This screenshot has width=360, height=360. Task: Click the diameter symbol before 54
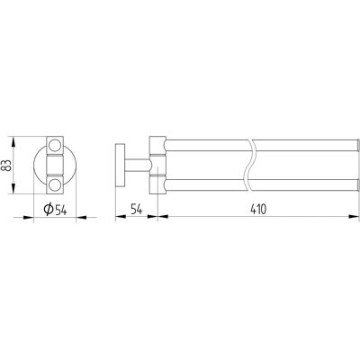[x=49, y=209]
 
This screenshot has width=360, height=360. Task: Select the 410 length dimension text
[x=258, y=209]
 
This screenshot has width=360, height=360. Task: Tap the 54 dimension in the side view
[x=137, y=209]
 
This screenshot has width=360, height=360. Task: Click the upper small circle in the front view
[x=55, y=145]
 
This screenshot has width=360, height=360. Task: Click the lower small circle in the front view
[x=55, y=184]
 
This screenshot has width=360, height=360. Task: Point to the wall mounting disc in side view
[x=120, y=165]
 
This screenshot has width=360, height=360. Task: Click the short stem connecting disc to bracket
[x=137, y=165]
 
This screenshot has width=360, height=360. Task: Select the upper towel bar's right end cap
[x=357, y=145]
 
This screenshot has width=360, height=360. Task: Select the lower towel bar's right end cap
[x=357, y=184]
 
